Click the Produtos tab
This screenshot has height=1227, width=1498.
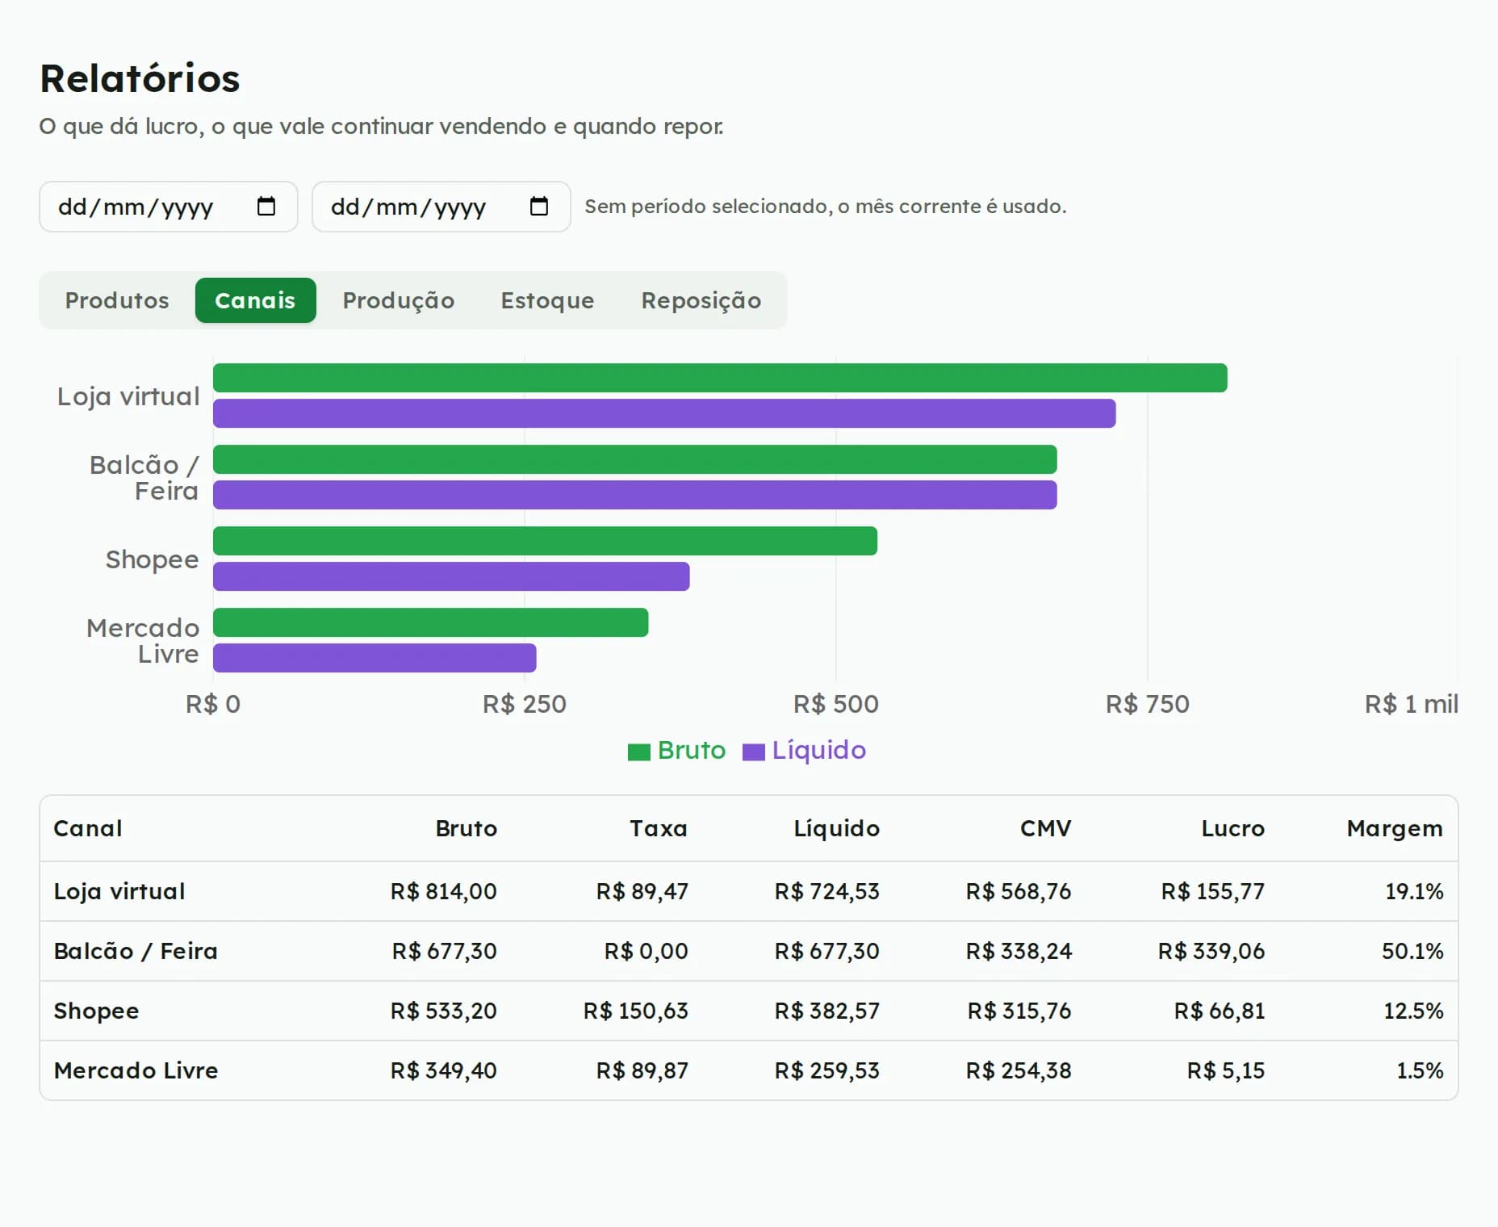[x=117, y=300]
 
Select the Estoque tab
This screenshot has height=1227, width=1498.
[x=547, y=300]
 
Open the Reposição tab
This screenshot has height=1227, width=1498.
[x=701, y=300]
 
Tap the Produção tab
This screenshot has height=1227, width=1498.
[x=398, y=300]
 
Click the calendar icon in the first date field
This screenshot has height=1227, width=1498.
[x=266, y=207]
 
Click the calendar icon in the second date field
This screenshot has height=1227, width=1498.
[x=539, y=207]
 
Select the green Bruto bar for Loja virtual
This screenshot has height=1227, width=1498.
[x=720, y=378]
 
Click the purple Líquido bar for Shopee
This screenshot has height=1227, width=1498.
[x=451, y=576]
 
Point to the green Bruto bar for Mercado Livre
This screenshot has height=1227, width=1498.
[x=430, y=622]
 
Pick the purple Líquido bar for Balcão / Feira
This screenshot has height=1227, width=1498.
[x=634, y=495]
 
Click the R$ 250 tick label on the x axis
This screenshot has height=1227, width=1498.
[x=525, y=704]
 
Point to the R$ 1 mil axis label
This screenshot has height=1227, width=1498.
[x=1412, y=704]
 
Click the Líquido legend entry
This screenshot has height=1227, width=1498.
[x=805, y=751]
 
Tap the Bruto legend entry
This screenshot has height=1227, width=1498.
[x=677, y=751]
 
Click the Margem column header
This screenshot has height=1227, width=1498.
[x=1395, y=828]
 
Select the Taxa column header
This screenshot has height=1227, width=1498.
[x=659, y=828]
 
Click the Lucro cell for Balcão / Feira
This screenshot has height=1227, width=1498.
[x=1211, y=951]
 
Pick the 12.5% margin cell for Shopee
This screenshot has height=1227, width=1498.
[x=1413, y=1011]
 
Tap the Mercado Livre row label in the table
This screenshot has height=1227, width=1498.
[x=136, y=1070]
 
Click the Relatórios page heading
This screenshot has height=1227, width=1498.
[x=140, y=78]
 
